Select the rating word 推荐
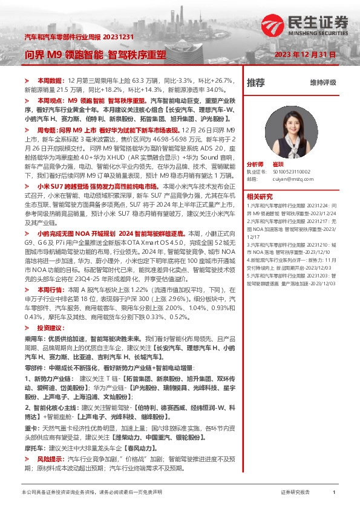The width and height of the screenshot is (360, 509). click(x=255, y=82)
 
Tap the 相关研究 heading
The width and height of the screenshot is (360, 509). click(x=260, y=196)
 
